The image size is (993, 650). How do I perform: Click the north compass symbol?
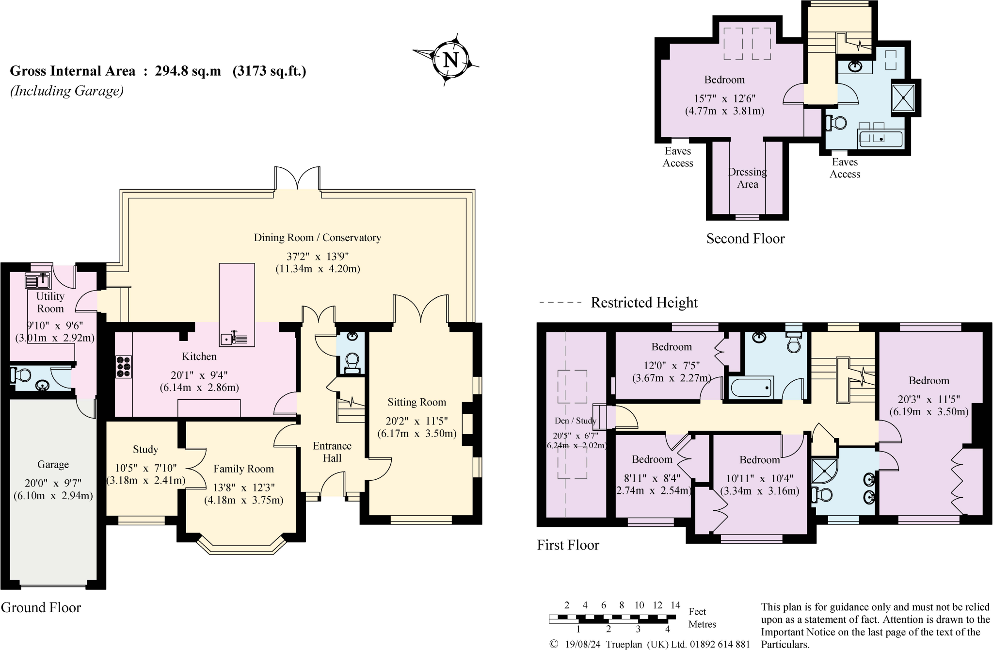451,60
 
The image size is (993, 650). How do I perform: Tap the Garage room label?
53,465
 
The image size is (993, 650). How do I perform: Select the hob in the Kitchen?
123,367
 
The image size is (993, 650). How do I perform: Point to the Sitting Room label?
416,402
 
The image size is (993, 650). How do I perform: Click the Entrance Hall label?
332,452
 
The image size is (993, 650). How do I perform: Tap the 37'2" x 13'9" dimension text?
318,256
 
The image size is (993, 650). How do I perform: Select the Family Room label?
243,469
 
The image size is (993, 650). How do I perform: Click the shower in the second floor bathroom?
903,97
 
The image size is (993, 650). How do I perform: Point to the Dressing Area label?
747,178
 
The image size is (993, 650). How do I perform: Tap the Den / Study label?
575,421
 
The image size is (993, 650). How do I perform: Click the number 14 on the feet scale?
675,605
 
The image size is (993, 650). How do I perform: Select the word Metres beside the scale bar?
702,624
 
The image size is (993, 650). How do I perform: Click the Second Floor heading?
745,239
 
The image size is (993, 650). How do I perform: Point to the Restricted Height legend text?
644,303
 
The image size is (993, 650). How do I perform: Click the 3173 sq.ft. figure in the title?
269,71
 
